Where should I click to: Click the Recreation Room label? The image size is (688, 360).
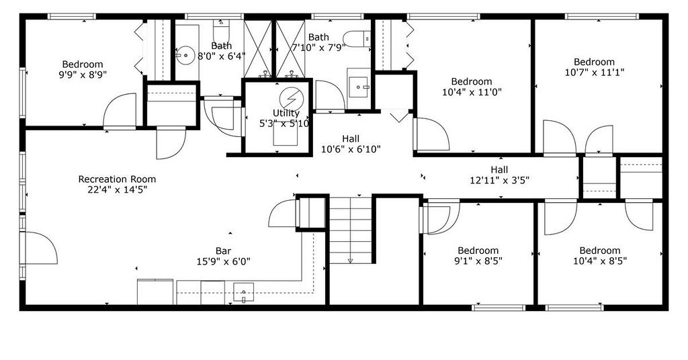(117, 179)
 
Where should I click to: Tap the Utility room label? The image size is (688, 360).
(286, 113)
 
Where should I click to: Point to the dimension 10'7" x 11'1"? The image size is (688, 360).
(594, 73)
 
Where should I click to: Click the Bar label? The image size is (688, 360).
(223, 251)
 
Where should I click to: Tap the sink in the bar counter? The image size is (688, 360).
(243, 293)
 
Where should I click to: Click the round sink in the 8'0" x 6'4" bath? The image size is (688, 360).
(186, 56)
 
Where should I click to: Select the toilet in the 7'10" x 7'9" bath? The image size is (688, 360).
(357, 38)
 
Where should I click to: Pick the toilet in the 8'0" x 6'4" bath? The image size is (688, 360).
(220, 30)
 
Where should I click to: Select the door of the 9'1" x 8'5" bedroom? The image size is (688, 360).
(439, 217)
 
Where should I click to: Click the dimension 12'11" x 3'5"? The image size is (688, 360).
(500, 180)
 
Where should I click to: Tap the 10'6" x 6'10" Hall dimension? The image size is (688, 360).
(351, 149)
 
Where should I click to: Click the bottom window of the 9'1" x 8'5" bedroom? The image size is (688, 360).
(499, 308)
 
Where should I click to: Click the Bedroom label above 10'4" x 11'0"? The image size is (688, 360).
(472, 81)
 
